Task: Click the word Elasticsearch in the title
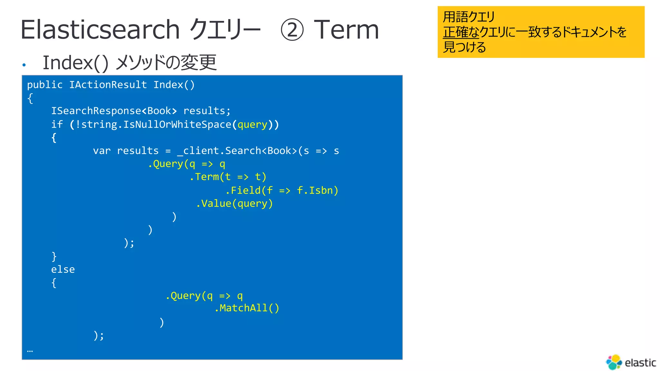click(100, 30)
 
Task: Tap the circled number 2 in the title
click(292, 30)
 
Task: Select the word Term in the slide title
click(346, 30)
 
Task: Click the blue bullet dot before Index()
click(24, 65)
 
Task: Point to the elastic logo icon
click(614, 362)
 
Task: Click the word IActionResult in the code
click(108, 85)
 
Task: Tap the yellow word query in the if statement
click(253, 125)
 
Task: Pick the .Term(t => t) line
click(228, 177)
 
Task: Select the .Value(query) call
click(235, 204)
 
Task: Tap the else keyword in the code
click(63, 269)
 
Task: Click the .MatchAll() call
click(247, 308)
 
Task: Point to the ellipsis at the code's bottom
click(30, 351)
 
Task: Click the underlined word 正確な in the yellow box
click(461, 32)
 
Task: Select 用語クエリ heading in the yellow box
click(469, 17)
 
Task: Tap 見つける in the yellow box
click(464, 47)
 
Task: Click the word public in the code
click(45, 85)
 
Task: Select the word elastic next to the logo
click(640, 363)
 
